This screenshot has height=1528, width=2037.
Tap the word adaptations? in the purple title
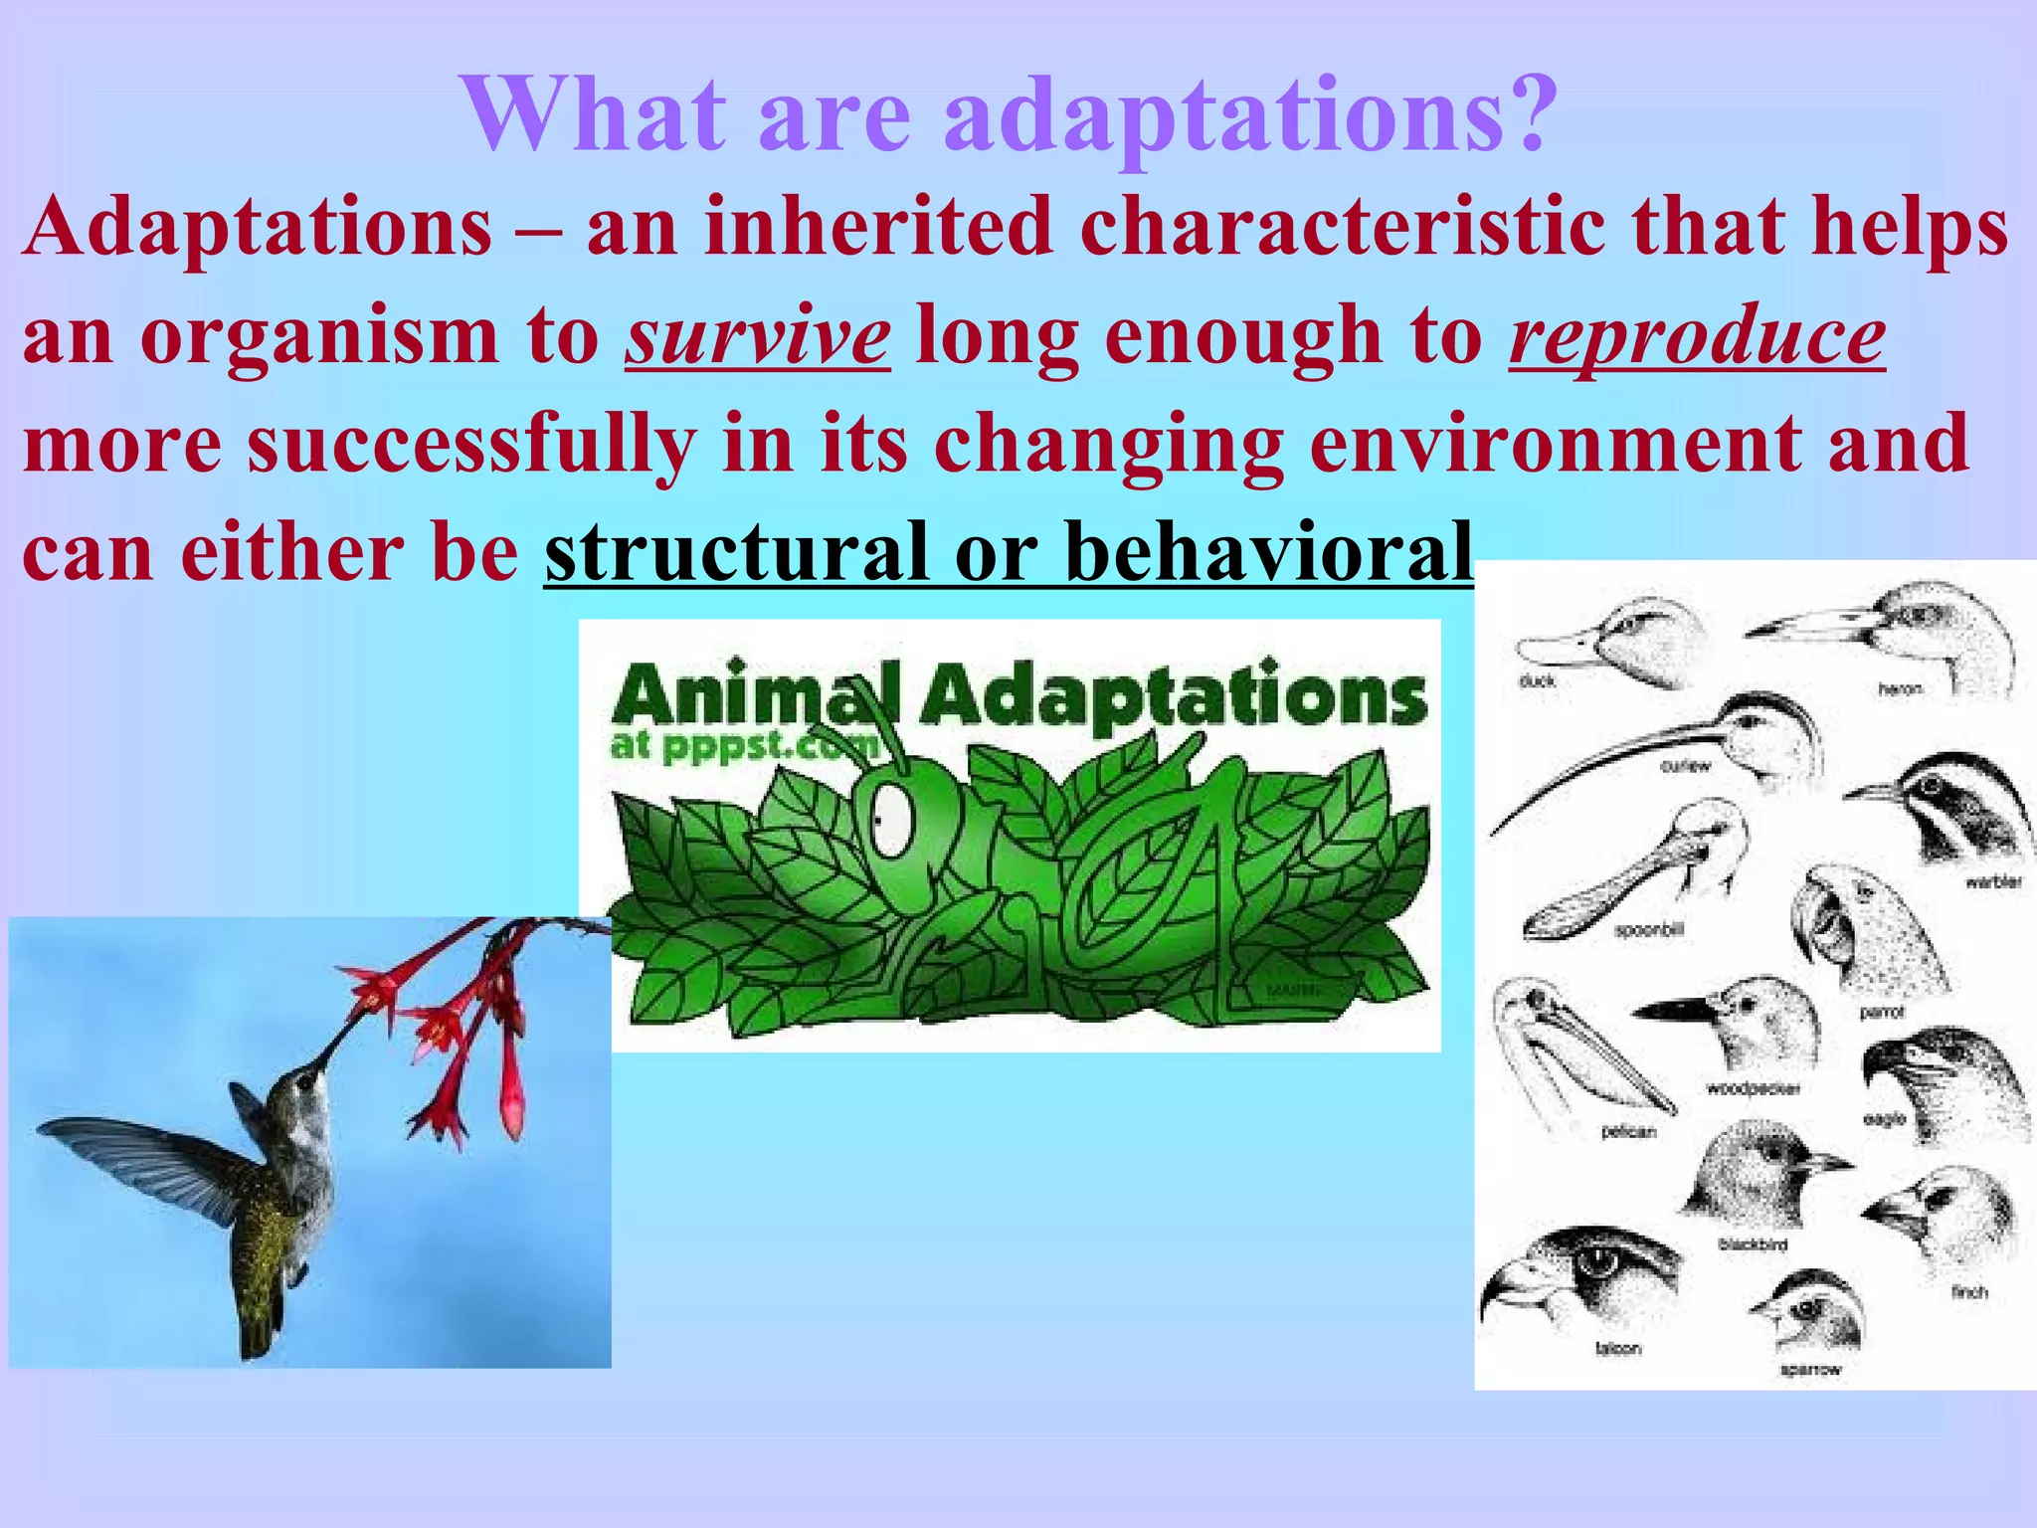(1249, 116)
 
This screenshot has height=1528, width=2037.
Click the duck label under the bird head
(1537, 681)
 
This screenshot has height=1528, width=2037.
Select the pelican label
(1628, 1131)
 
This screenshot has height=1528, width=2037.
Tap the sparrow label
(1810, 1370)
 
